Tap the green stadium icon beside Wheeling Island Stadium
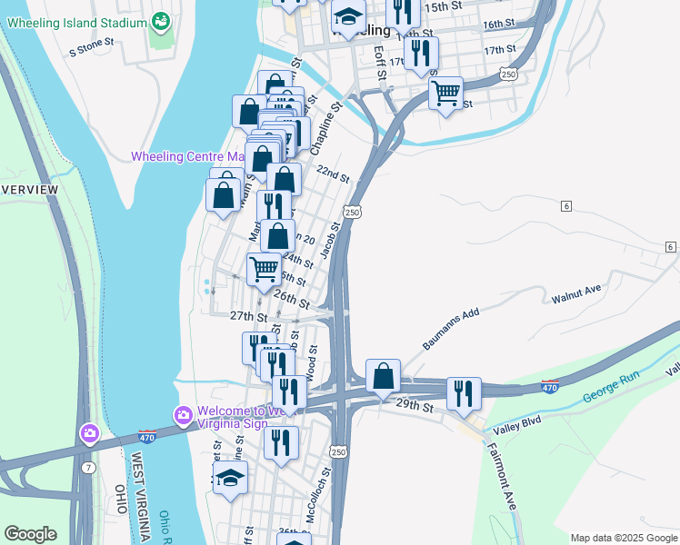161,21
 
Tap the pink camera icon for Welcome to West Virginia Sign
183,415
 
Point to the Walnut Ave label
576,293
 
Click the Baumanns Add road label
450,329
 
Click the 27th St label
247,316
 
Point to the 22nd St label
333,173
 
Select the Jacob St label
333,239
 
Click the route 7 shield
86,466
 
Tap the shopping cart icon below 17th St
445,93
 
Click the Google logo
30,534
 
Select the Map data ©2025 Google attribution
623,538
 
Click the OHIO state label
120,500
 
